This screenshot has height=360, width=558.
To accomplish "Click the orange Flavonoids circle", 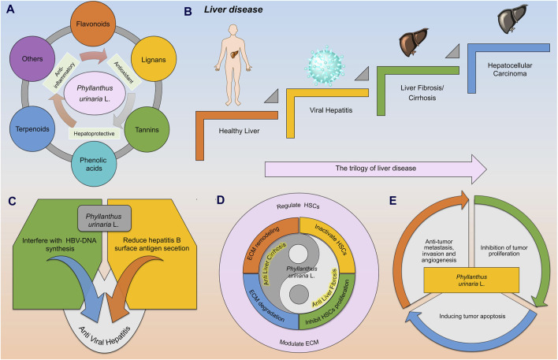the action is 93,24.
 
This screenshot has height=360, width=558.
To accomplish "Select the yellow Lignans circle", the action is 154,59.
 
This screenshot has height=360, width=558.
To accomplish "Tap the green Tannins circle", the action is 147,129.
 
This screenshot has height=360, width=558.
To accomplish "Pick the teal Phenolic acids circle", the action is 94,164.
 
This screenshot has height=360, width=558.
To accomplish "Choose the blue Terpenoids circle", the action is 32,128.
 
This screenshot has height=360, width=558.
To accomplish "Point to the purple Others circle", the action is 32,59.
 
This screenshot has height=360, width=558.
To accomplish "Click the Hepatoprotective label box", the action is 95,133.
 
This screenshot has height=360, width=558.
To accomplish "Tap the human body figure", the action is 233,65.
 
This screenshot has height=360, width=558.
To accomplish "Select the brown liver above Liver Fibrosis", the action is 414,42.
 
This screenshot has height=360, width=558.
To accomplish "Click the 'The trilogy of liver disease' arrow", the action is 376,169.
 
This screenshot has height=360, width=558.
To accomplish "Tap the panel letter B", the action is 188,12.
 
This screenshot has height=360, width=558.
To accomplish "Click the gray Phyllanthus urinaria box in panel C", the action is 104,218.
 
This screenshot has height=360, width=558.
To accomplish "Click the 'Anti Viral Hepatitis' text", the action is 104,335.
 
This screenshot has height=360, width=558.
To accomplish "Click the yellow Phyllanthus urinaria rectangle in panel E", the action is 471,280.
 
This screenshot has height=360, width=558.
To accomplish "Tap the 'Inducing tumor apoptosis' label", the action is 472,316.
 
